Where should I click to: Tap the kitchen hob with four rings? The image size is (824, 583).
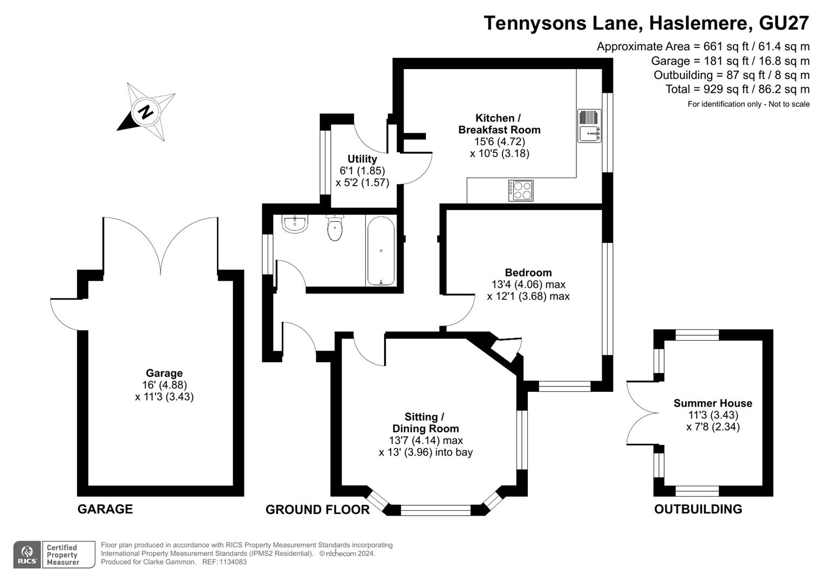[x=521, y=191]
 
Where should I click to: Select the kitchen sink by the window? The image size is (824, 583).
[x=589, y=126]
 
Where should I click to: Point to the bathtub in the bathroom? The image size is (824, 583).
[x=381, y=250]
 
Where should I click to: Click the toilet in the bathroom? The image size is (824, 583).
[x=335, y=228]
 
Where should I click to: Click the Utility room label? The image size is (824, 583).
[x=362, y=159]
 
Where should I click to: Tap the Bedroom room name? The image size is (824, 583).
[x=528, y=273]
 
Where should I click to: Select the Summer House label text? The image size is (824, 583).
[x=713, y=403]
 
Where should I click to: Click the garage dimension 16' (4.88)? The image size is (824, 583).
[x=164, y=385]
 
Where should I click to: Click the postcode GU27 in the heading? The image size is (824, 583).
[x=784, y=23]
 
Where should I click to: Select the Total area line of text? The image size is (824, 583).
[x=738, y=89]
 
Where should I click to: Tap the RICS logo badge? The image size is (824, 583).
[x=26, y=554]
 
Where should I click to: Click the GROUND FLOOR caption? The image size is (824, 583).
[x=317, y=510]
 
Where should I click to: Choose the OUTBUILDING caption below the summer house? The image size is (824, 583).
[x=698, y=509]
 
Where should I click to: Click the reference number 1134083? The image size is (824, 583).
[x=232, y=562]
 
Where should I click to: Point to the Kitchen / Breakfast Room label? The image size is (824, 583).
[x=499, y=124]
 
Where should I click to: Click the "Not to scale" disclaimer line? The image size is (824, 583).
[x=748, y=104]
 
